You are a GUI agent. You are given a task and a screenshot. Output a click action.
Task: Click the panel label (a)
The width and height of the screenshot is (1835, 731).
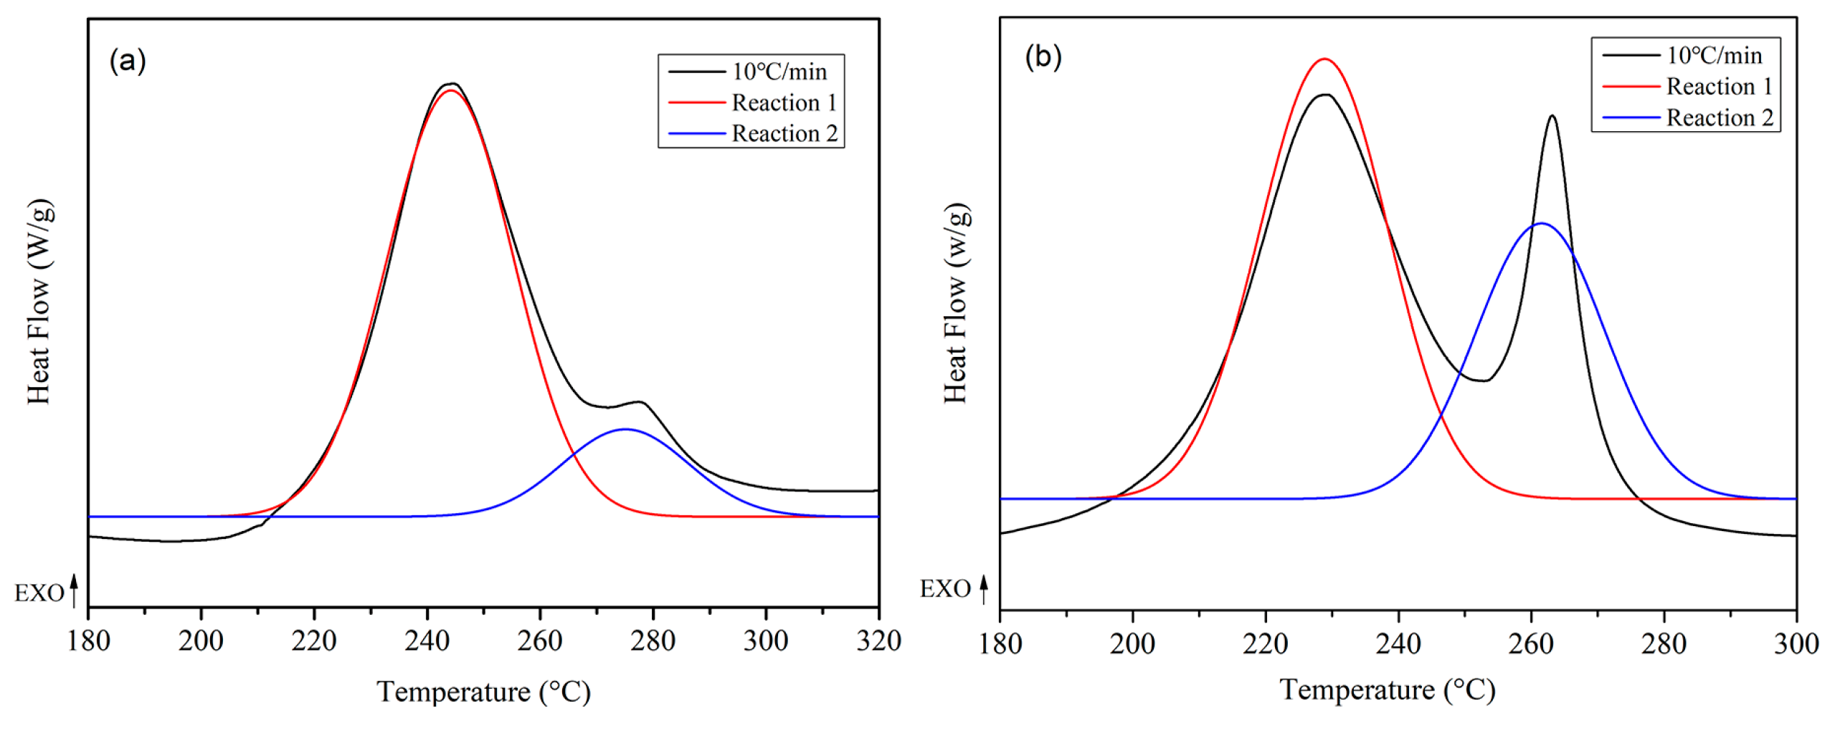pos(128,62)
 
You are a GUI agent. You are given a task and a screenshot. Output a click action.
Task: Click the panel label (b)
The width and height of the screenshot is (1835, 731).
pos(1043,57)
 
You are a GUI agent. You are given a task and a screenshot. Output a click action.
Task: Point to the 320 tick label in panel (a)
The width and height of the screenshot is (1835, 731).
pos(878,641)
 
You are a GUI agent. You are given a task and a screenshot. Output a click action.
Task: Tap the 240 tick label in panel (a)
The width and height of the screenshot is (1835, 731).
pos(427,641)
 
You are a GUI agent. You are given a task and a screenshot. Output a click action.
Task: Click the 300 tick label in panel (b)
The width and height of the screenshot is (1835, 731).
pos(1795,644)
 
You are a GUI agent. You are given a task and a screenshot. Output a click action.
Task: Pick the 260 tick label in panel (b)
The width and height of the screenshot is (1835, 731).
pos(1530,644)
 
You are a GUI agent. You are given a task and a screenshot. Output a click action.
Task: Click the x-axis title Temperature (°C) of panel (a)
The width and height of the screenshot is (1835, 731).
pos(483,692)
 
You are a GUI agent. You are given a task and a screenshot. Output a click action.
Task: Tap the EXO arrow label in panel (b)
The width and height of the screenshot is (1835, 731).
pos(952,589)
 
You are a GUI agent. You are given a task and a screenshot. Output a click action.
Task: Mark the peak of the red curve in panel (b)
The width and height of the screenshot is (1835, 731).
pos(1324,59)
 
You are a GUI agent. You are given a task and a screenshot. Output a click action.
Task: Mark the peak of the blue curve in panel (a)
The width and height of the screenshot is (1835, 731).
pos(625,429)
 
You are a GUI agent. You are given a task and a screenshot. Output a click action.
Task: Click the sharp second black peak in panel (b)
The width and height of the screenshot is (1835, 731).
pos(1552,116)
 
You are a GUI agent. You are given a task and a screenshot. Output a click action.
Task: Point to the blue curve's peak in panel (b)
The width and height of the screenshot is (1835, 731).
pos(1540,224)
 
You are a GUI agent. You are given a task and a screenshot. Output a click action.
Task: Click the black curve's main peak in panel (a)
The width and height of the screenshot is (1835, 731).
pos(452,84)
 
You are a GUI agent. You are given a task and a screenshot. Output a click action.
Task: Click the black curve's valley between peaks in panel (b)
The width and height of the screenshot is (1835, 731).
pos(1481,381)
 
